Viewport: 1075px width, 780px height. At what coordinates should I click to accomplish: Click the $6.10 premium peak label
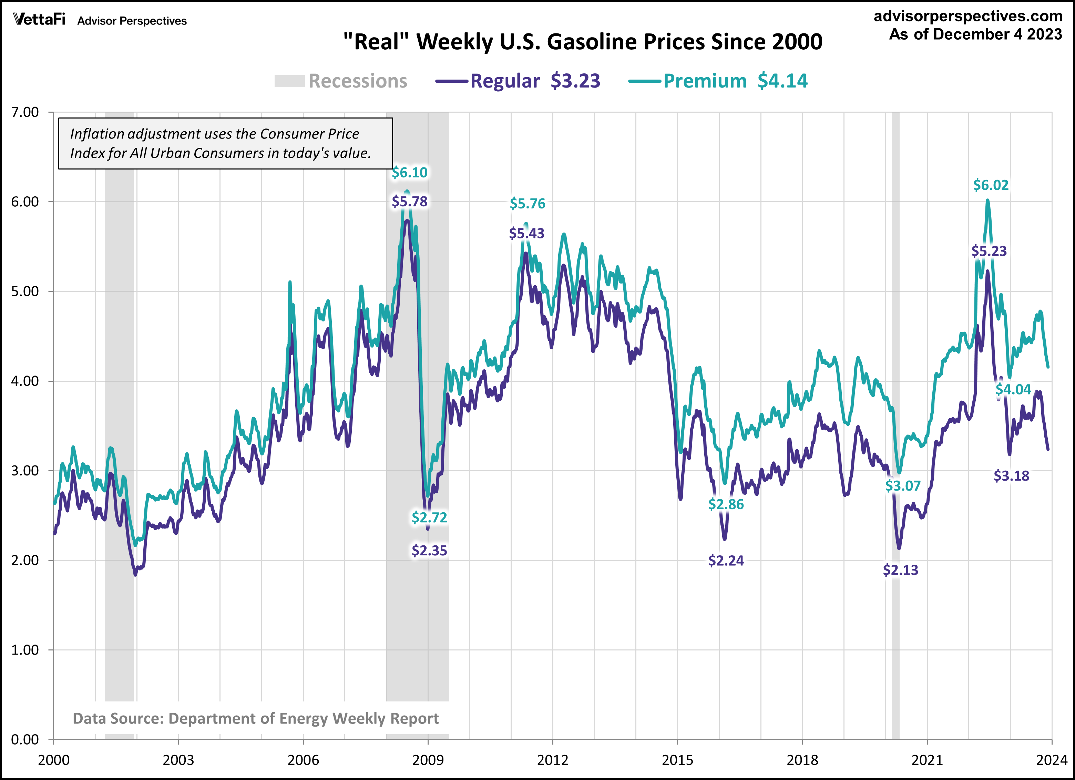[x=410, y=173]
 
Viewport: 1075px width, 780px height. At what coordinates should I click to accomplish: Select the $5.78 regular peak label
[x=410, y=202]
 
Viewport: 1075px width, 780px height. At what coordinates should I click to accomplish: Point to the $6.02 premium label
[x=991, y=185]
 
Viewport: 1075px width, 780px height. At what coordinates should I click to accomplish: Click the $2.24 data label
[x=726, y=561]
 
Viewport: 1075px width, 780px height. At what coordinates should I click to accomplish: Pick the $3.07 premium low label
[x=902, y=486]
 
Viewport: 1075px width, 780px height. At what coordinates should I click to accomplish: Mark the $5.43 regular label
[x=526, y=233]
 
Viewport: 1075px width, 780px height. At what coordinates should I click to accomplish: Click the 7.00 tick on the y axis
[x=25, y=112]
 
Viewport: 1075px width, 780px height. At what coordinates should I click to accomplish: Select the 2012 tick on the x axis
[x=552, y=760]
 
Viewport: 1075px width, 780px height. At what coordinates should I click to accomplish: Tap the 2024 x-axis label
[x=1051, y=760]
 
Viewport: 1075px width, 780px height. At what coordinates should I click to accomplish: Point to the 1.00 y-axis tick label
[x=25, y=650]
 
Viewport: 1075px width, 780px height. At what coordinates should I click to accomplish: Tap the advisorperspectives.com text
[x=968, y=16]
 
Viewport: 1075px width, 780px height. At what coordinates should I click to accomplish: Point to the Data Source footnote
[x=255, y=718]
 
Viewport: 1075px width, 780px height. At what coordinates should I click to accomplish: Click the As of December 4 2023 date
[x=975, y=34]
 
